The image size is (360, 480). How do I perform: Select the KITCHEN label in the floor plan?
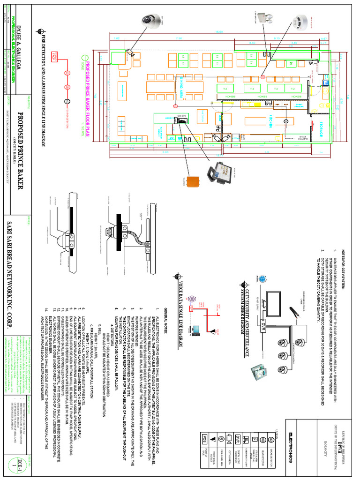click(271, 120)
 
